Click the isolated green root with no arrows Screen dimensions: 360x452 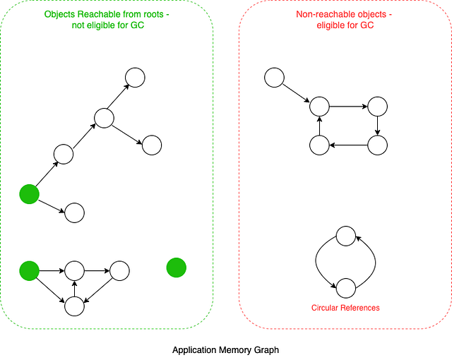[176, 268]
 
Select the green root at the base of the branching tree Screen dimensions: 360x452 [29, 194]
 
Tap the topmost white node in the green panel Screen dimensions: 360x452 [135, 77]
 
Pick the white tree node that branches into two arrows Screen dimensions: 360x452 [105, 118]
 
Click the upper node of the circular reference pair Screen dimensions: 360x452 [345, 236]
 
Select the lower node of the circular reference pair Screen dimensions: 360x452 [345, 287]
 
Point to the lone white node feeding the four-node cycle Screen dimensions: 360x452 [274, 77]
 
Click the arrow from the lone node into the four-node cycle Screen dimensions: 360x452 [297, 92]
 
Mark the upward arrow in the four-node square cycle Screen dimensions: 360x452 [319, 126]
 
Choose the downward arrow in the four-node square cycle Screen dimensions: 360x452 [378, 126]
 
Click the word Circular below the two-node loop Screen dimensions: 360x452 [326, 308]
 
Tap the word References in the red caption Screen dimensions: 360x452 [361, 308]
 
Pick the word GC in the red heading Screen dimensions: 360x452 [367, 25]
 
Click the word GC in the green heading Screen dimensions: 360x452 [138, 25]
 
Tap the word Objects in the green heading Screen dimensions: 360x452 [59, 14]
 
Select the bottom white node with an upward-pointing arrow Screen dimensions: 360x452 [75, 306]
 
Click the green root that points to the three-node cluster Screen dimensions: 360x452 [29, 270]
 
